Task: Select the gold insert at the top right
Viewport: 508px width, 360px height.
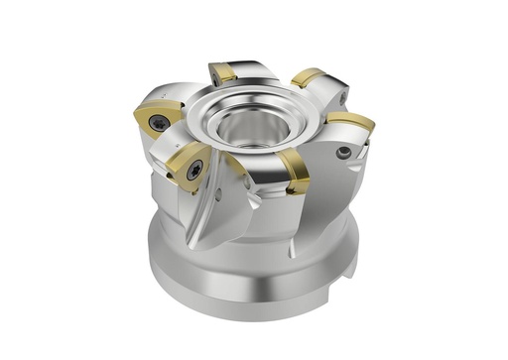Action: [310, 76]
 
